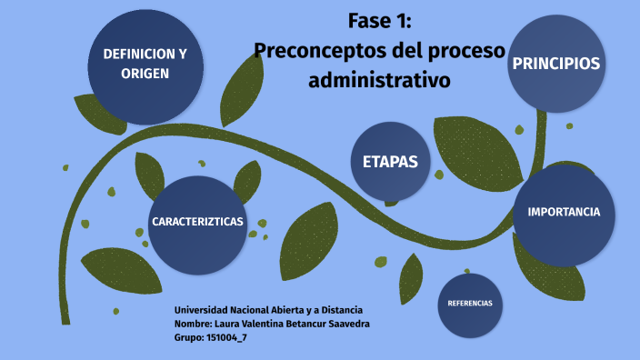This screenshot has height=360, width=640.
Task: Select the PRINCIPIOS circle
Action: (555, 64)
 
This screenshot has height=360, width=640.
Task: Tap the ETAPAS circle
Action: (390, 161)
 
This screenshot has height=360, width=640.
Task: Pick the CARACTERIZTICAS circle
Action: (197, 223)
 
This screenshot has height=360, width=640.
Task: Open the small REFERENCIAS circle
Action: (470, 303)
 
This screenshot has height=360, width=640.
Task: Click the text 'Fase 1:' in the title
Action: (380, 21)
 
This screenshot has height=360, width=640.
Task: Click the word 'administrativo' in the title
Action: (380, 80)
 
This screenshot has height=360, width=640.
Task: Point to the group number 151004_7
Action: (227, 338)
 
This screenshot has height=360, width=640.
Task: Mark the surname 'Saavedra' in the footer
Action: (347, 325)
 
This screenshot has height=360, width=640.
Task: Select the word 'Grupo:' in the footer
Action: (188, 338)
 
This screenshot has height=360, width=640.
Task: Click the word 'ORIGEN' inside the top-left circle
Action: (145, 74)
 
